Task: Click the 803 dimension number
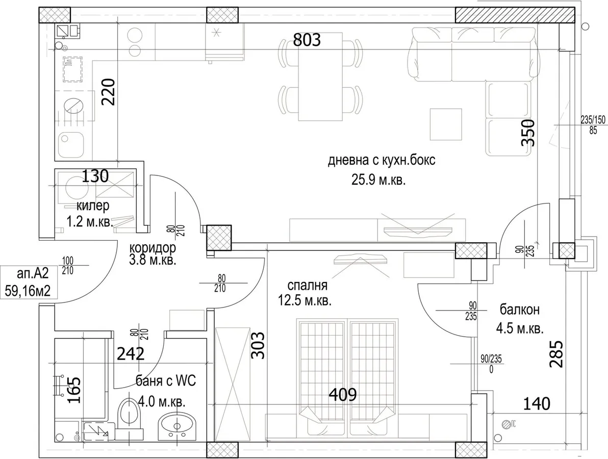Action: pyautogui.click(x=307, y=40)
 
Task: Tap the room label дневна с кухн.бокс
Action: pyautogui.click(x=382, y=160)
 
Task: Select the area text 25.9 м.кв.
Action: pyautogui.click(x=378, y=180)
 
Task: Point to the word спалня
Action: pyautogui.click(x=307, y=286)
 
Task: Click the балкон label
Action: pyautogui.click(x=519, y=310)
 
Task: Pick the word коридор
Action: pyautogui.click(x=153, y=247)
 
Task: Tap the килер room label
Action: pyautogui.click(x=93, y=206)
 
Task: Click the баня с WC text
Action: pyautogui.click(x=166, y=381)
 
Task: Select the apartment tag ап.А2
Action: pyautogui.click(x=33, y=274)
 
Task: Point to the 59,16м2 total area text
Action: pyautogui.click(x=28, y=290)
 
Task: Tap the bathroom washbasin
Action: pyautogui.click(x=177, y=426)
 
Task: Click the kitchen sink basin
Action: pyautogui.click(x=70, y=145)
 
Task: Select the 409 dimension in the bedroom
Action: pyautogui.click(x=343, y=395)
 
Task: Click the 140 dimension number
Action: pyautogui.click(x=537, y=404)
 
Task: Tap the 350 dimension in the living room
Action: pyautogui.click(x=528, y=133)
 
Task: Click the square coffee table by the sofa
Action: pyautogui.click(x=446, y=124)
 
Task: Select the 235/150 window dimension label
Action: pyautogui.click(x=593, y=120)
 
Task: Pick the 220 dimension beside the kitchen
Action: pyautogui.click(x=108, y=92)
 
